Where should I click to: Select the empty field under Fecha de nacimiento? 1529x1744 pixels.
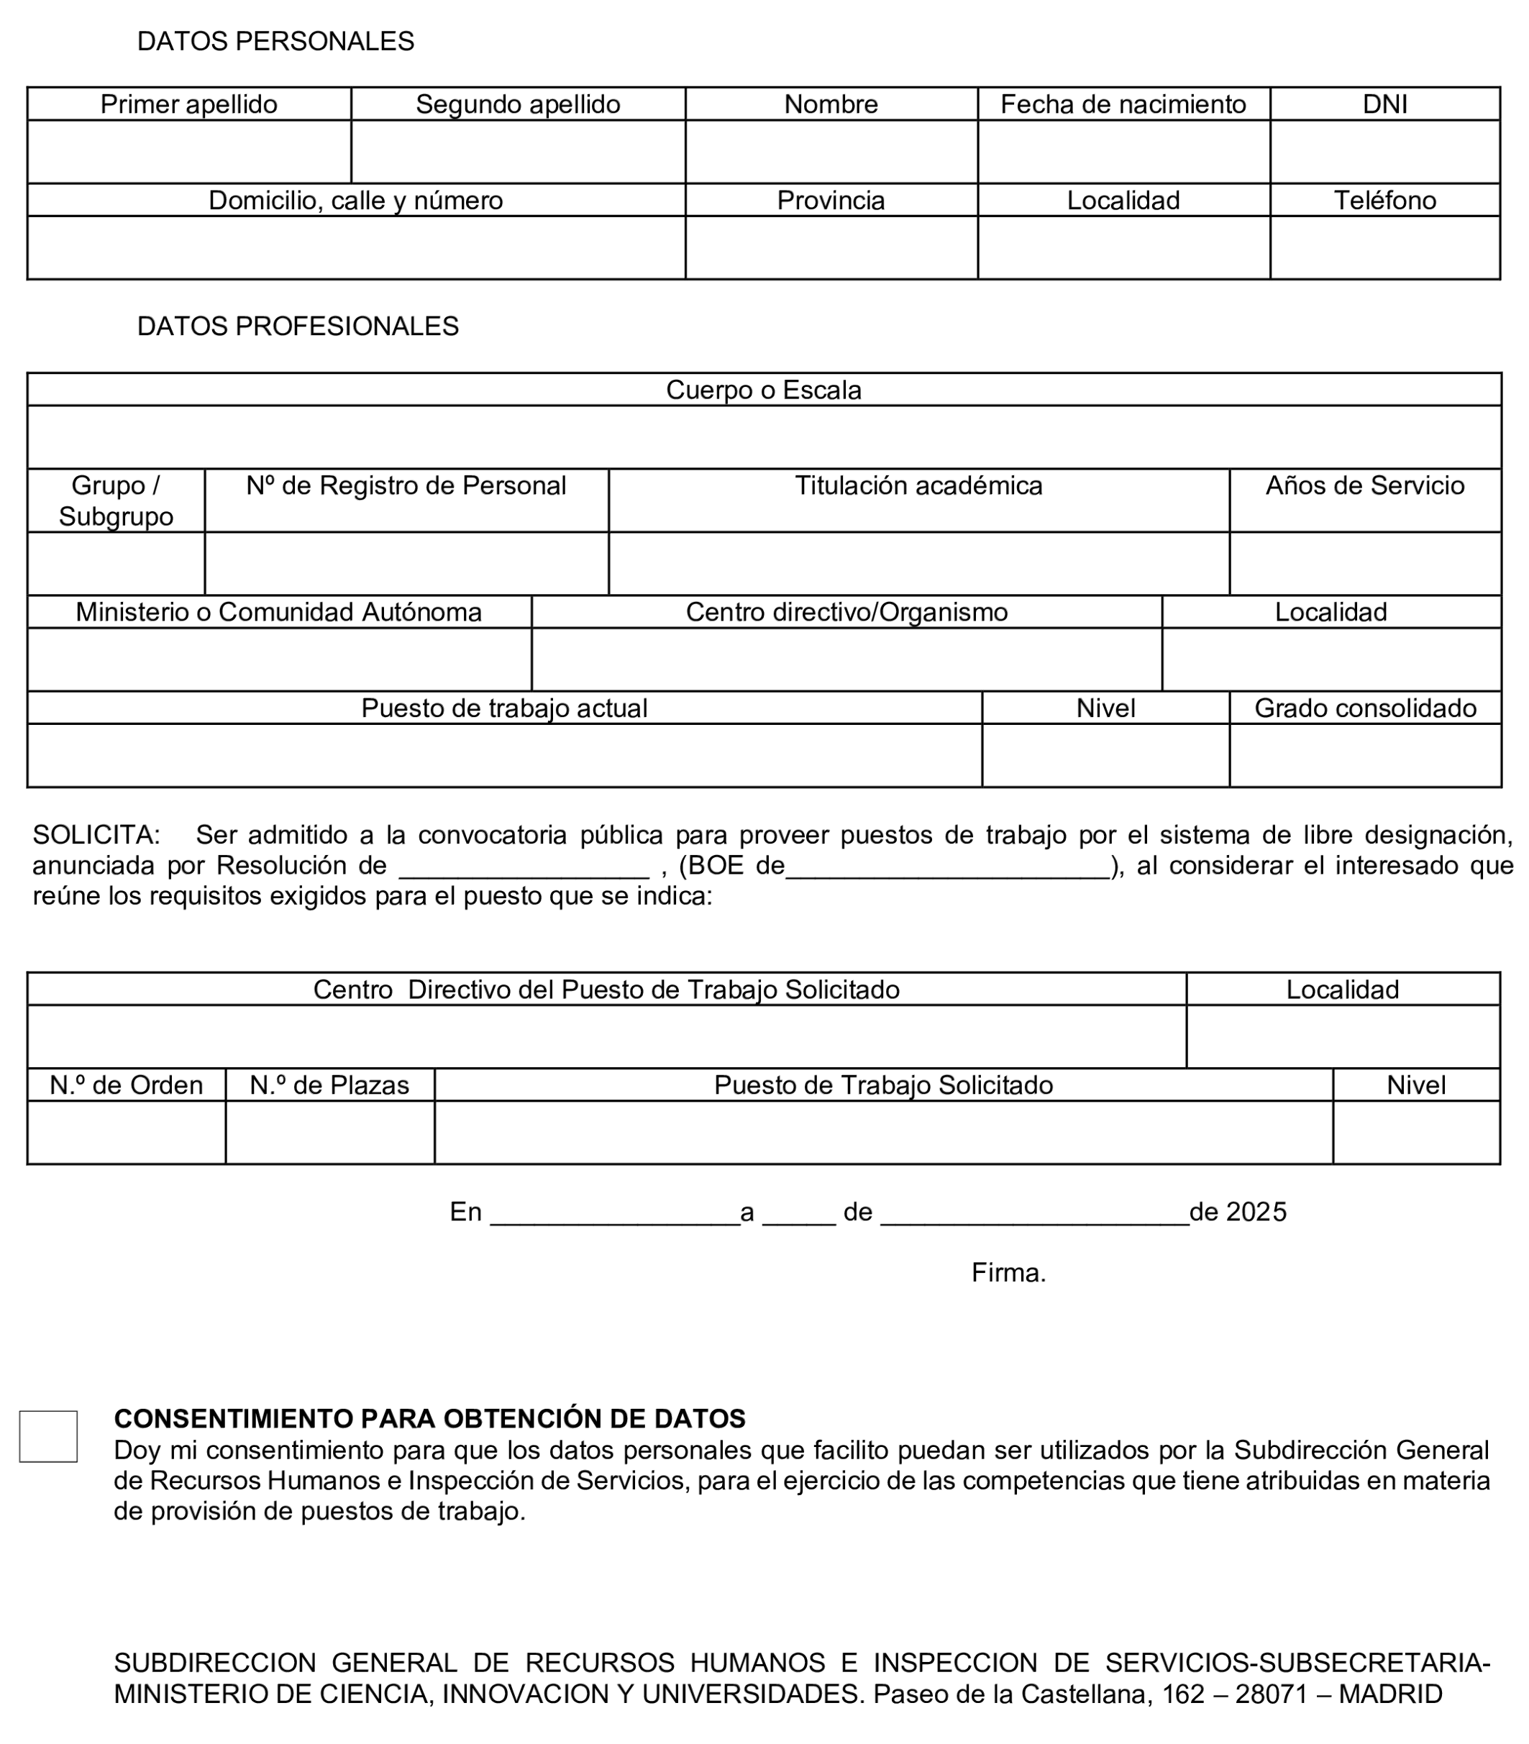[x=1123, y=151]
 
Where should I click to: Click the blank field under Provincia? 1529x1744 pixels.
[x=831, y=247]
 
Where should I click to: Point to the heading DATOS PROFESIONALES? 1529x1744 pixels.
[x=298, y=326]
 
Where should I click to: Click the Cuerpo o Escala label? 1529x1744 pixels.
[x=764, y=390]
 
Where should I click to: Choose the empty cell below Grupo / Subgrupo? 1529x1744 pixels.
[x=115, y=563]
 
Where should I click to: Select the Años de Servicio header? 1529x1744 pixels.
[x=1364, y=485]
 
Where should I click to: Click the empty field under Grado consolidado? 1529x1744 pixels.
[x=1364, y=755]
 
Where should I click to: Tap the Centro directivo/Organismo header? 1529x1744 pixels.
[x=846, y=612]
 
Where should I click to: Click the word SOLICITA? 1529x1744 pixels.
[x=94, y=834]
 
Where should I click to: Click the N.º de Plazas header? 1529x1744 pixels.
[x=329, y=1085]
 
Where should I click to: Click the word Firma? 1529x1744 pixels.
[x=1008, y=1273]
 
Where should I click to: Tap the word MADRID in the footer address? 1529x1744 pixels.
[x=1390, y=1694]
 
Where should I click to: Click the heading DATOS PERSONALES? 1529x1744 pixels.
[x=275, y=41]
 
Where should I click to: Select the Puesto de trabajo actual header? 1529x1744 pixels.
[x=503, y=708]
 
